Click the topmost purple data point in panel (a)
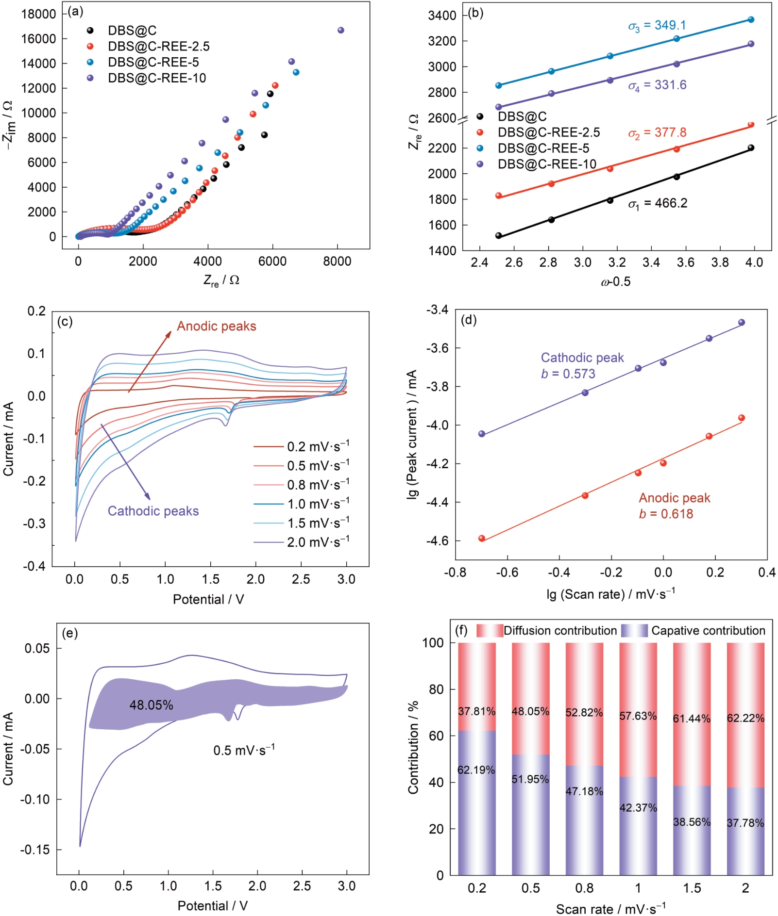[340, 30]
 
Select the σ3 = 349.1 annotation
[657, 26]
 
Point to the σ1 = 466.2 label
[658, 204]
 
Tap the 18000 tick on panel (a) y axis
[39, 14]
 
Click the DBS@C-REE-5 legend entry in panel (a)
[153, 62]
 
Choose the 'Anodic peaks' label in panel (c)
[216, 326]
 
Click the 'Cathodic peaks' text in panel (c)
[153, 511]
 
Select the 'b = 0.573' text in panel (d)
[568, 374]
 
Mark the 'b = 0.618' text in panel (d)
[666, 514]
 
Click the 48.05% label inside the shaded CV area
[151, 705]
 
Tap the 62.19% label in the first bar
[476, 770]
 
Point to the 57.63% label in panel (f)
[638, 716]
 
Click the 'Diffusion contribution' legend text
[560, 631]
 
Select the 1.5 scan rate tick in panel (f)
[692, 888]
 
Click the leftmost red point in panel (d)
[482, 539]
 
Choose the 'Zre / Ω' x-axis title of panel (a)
[221, 280]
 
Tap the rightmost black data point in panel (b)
[751, 148]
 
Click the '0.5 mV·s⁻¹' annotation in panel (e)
[244, 751]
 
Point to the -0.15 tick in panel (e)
[35, 850]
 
